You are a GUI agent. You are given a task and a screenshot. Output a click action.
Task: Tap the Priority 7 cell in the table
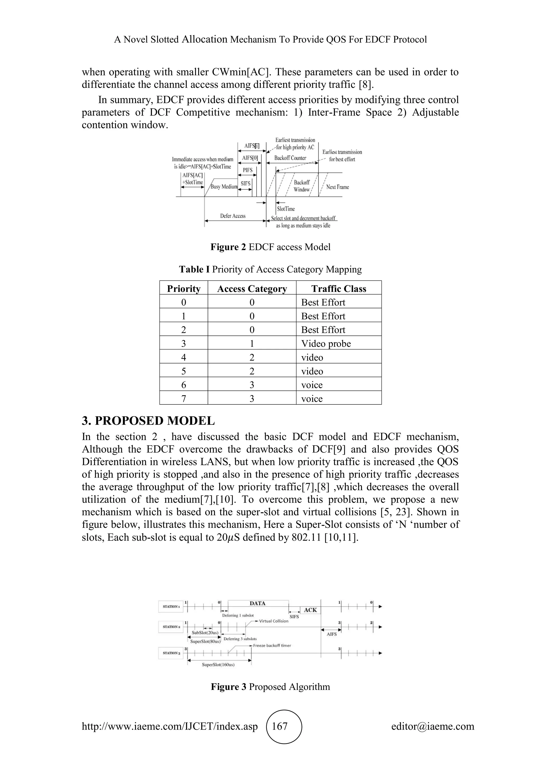(x=184, y=399)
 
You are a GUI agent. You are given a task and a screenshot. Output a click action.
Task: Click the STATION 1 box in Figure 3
(x=171, y=607)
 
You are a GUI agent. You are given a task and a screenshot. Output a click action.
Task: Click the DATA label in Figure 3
(x=258, y=603)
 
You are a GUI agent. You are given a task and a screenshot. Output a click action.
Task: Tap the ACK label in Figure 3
(x=310, y=610)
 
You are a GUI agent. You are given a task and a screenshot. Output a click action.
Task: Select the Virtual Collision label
(x=273, y=621)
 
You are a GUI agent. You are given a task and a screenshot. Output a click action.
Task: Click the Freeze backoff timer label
(x=272, y=645)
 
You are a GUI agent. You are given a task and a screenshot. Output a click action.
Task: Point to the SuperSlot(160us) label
(x=218, y=674)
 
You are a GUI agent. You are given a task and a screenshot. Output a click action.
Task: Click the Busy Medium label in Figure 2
(x=224, y=186)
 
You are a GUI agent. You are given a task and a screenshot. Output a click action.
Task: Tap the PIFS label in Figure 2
(x=248, y=170)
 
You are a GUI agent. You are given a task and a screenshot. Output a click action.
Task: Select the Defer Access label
(x=232, y=216)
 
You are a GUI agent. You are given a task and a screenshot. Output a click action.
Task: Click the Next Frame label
(x=337, y=187)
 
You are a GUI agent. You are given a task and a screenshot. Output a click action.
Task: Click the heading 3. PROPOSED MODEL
(x=148, y=421)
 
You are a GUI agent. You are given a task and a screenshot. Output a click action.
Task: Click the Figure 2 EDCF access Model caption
(x=270, y=247)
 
